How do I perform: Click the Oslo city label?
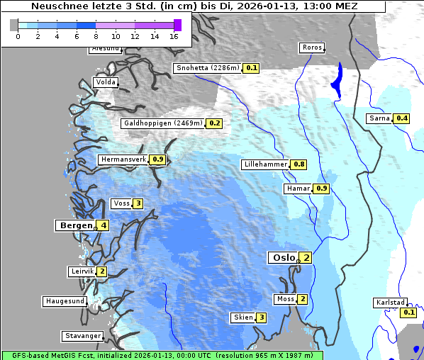click(283, 258)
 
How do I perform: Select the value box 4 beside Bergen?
click(104, 225)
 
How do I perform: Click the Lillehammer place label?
click(265, 164)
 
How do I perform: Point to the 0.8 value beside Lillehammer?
click(299, 164)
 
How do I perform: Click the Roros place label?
click(312, 48)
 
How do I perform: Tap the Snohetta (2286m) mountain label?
click(207, 68)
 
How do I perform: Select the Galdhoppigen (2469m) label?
click(163, 123)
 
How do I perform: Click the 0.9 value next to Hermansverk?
click(157, 159)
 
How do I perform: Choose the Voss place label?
click(121, 203)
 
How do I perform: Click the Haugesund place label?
click(65, 301)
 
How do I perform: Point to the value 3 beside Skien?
click(261, 317)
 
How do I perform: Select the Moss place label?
click(286, 299)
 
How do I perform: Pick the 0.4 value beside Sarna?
click(402, 118)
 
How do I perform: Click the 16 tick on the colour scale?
click(174, 35)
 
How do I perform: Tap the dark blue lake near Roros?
click(336, 79)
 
